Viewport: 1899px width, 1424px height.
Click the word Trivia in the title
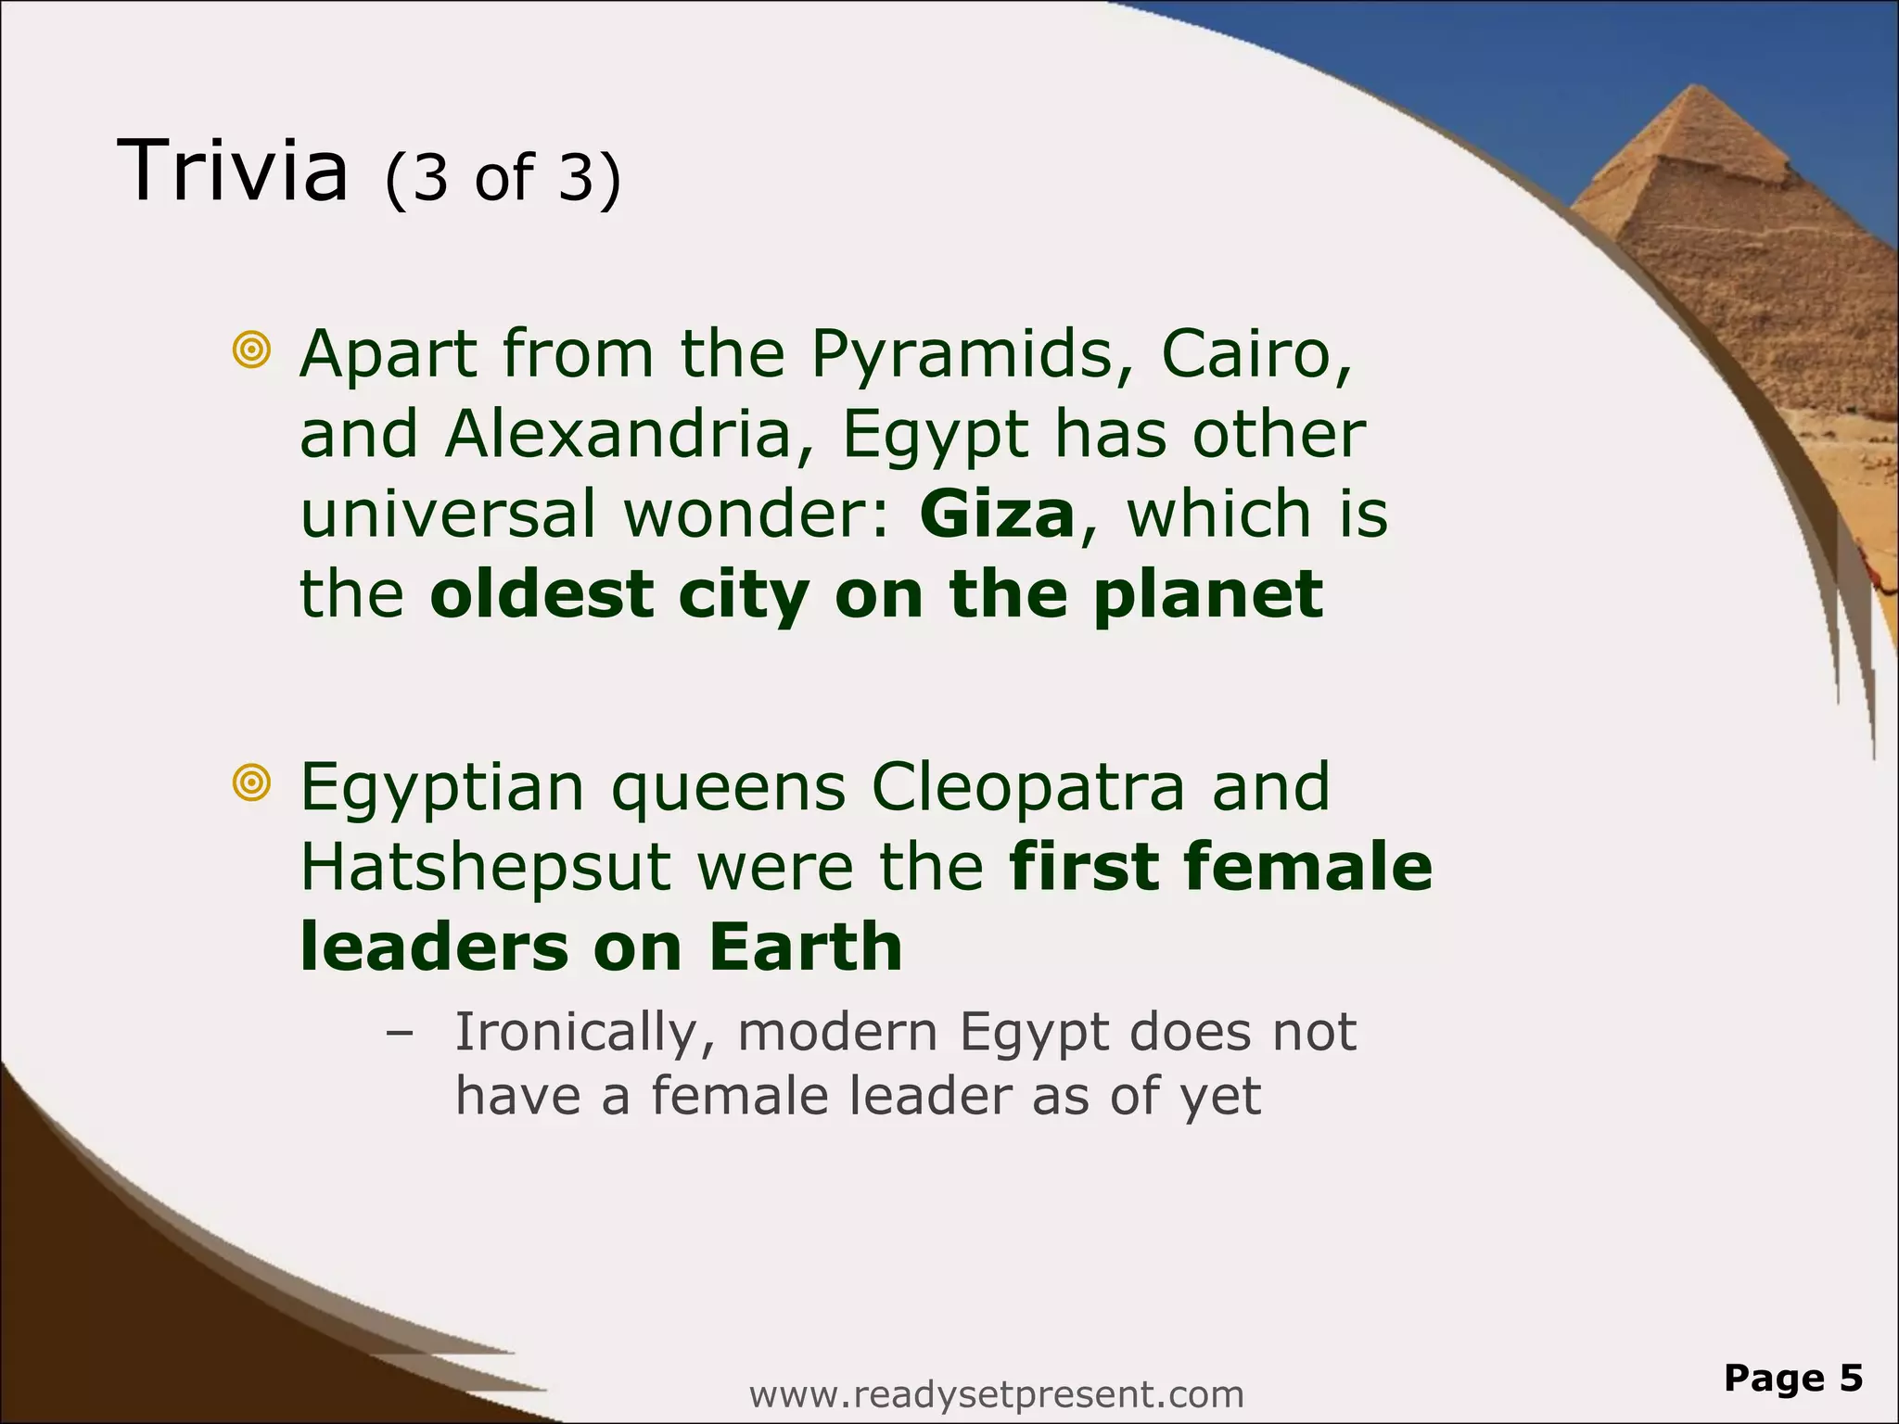tap(233, 171)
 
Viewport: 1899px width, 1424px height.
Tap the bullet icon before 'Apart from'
tap(251, 351)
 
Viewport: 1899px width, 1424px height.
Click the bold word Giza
tap(997, 515)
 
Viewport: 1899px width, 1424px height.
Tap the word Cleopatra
tap(1028, 787)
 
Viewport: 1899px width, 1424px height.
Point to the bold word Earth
tap(805, 947)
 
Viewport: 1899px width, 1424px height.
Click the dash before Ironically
tap(401, 1033)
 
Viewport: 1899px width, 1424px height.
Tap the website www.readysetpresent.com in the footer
tap(996, 1393)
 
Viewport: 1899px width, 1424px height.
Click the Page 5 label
tap(1793, 1378)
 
